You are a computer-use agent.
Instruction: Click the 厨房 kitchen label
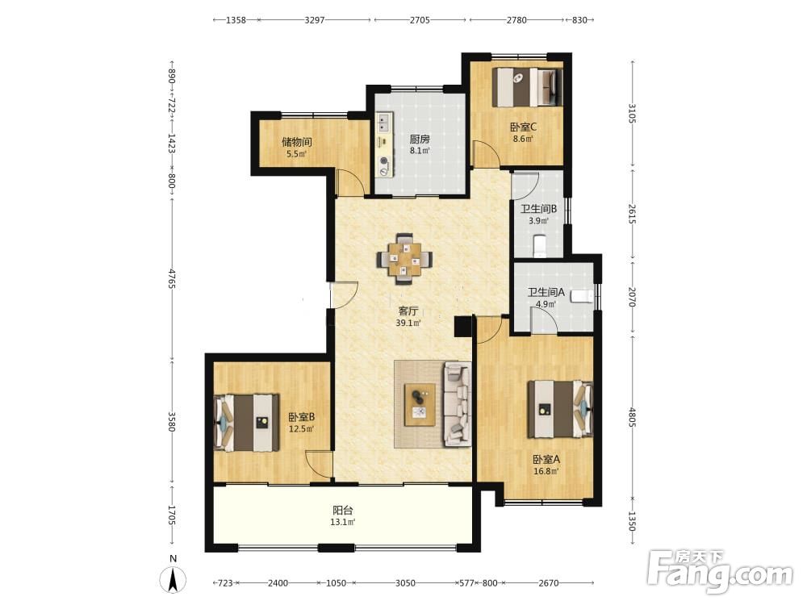coord(420,139)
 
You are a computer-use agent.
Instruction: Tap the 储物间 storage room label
coord(296,141)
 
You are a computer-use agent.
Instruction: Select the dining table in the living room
coord(404,258)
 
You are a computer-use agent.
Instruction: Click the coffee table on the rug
coord(420,405)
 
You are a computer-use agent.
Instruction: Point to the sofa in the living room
coord(457,404)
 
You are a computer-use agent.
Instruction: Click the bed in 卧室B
coord(246,423)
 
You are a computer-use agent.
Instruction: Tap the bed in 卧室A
coord(561,410)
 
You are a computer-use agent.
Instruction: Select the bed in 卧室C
coord(527,87)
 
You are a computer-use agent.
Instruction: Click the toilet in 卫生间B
coord(540,246)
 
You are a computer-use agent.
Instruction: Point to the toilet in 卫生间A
coord(583,297)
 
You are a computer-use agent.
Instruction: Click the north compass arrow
coord(174,579)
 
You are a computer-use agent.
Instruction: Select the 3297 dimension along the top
coord(315,20)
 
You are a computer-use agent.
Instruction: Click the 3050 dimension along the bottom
coord(405,583)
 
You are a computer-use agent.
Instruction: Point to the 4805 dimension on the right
coord(632,417)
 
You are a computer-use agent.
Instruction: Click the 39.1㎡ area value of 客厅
coord(408,323)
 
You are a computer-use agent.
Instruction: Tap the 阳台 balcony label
coord(343,511)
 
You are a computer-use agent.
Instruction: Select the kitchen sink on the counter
coord(383,121)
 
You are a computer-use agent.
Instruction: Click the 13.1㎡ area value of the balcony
coord(343,522)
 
